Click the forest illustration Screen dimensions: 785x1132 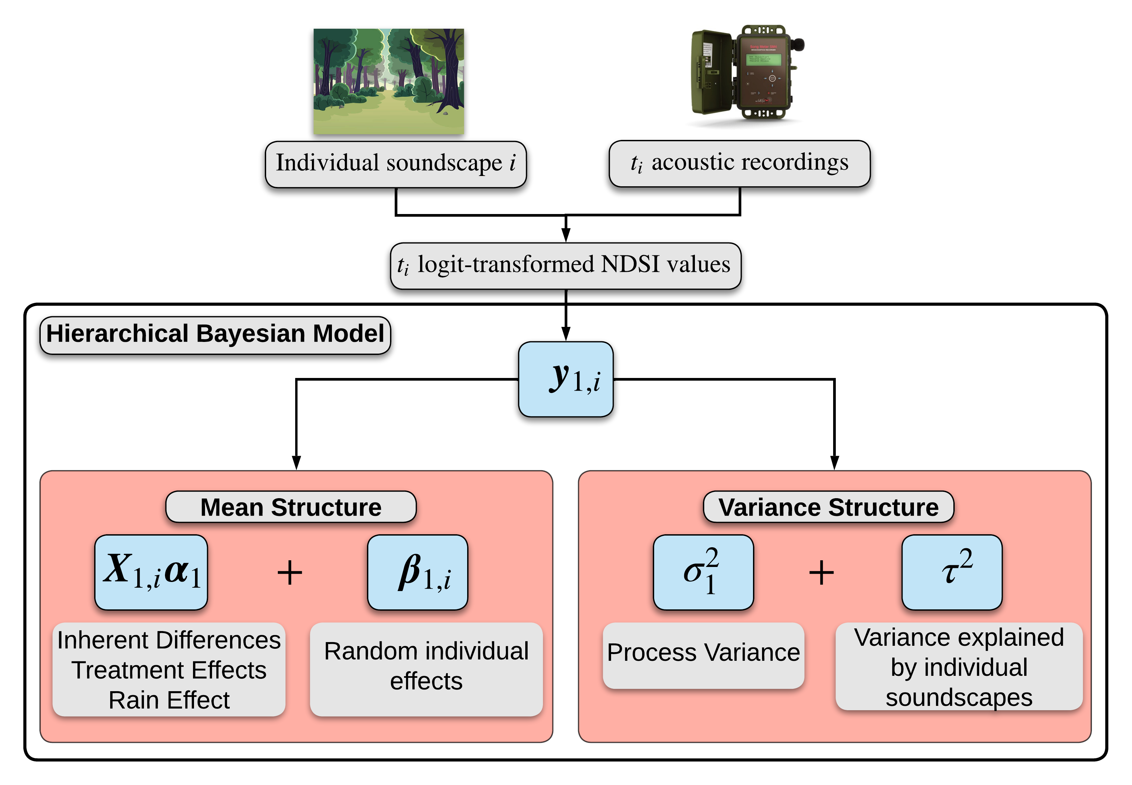coord(388,81)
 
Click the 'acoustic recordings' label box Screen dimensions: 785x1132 coord(739,163)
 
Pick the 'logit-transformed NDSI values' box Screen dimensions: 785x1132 coord(566,265)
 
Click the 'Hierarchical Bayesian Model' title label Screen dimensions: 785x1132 coord(215,335)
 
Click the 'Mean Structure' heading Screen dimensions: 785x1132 coord(291,507)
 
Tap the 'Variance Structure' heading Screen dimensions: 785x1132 coord(828,507)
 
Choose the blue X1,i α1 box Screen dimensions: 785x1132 coord(151,572)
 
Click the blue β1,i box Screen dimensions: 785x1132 coord(417,572)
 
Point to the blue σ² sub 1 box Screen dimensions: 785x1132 coord(703,572)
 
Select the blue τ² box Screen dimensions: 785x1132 coord(952,572)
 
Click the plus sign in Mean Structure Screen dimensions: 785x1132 coord(290,573)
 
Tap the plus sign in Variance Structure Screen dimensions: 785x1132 coord(821,573)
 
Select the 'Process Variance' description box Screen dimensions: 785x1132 coord(703,654)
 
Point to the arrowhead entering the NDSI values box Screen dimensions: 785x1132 coord(566,235)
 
